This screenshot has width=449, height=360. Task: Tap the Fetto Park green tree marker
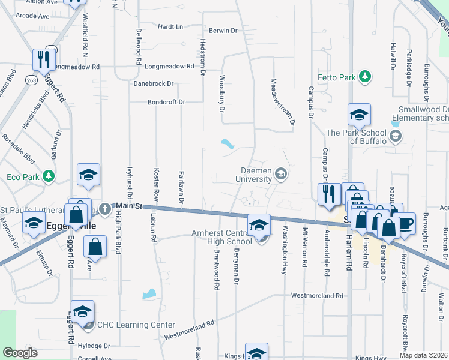(364, 77)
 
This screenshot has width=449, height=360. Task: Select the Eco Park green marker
(50, 176)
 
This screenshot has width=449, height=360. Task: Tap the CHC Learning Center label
(136, 325)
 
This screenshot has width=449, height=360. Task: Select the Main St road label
(130, 206)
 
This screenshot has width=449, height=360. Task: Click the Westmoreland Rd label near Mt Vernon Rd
(317, 296)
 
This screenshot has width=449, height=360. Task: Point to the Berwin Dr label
(223, 30)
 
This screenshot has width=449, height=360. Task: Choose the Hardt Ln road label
(170, 27)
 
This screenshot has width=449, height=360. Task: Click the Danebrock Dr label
(154, 84)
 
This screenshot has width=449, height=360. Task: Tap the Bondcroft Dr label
(167, 102)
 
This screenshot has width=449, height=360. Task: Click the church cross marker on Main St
(105, 209)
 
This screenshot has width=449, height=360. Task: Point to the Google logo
(20, 353)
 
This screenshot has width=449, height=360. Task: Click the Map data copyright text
(424, 355)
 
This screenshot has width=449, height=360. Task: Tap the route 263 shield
(31, 79)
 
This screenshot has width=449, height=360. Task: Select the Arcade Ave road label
(32, 16)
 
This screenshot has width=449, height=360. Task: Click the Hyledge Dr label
(94, 346)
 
